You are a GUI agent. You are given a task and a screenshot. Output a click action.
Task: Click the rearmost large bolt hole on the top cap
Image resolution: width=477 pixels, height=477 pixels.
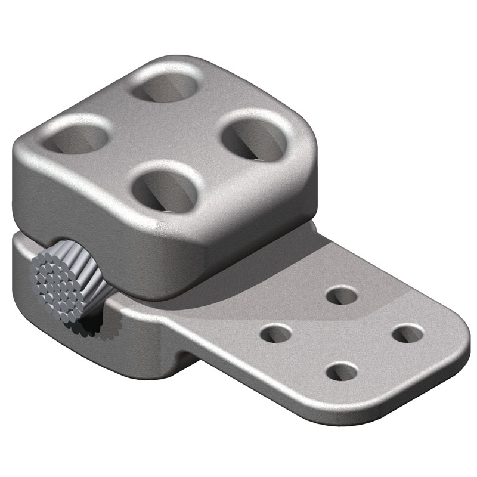166,87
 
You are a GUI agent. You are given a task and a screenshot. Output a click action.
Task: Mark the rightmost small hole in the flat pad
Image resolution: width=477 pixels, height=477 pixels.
407,333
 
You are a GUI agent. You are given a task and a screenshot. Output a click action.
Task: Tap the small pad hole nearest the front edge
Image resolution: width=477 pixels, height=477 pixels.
342,372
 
